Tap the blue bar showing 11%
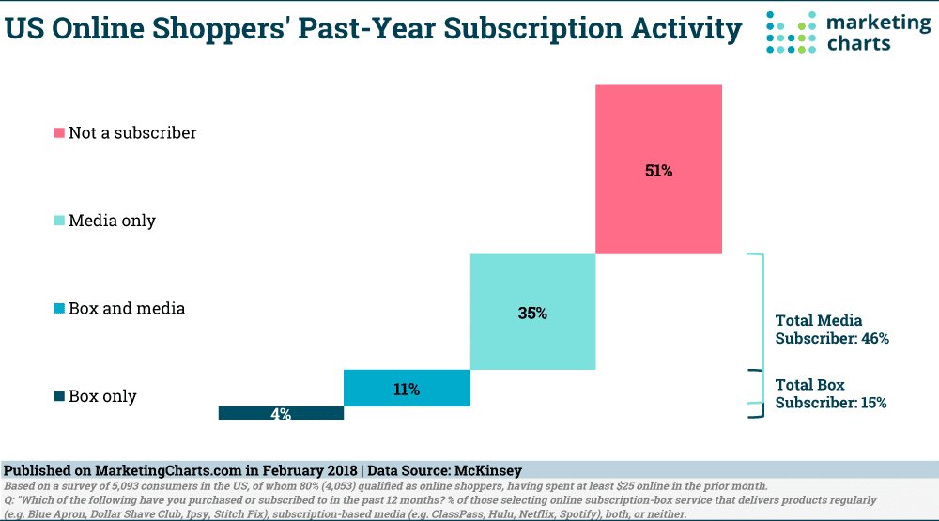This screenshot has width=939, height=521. point(407,388)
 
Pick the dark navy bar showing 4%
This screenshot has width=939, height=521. point(281,413)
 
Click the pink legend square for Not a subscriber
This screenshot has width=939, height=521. point(60,133)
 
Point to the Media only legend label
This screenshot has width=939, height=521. point(112,222)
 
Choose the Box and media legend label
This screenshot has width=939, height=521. point(126,309)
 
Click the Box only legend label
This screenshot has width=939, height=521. point(102,396)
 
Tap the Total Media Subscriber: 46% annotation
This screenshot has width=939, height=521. point(831,329)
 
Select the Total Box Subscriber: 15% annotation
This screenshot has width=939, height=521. point(830,393)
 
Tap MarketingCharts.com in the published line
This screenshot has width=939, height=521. point(149,469)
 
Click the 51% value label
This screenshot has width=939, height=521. point(658,171)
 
